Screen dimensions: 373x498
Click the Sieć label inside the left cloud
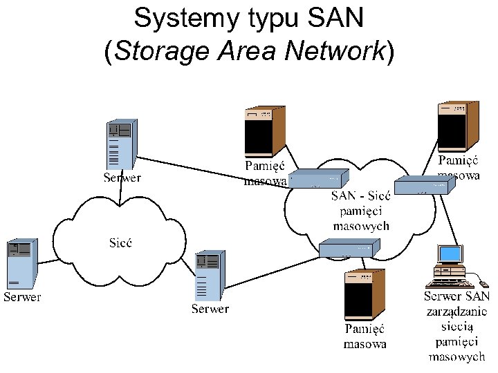tap(121, 242)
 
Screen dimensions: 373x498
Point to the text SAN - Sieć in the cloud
tap(361, 196)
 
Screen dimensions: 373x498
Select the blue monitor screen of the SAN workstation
tap(450, 255)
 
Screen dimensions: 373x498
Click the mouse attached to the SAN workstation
tap(483, 284)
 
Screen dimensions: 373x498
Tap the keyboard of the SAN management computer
tap(447, 283)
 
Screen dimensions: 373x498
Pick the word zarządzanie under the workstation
tap(456, 311)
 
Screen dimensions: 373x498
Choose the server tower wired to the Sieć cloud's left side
tap(21, 265)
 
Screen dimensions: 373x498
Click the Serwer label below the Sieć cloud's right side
tap(210, 309)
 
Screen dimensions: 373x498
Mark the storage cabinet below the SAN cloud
tap(365, 294)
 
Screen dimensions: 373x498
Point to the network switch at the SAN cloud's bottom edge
tap(349, 249)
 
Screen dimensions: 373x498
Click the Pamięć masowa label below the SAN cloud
tap(365, 336)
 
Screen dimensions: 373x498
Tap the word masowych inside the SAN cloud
tap(361, 226)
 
